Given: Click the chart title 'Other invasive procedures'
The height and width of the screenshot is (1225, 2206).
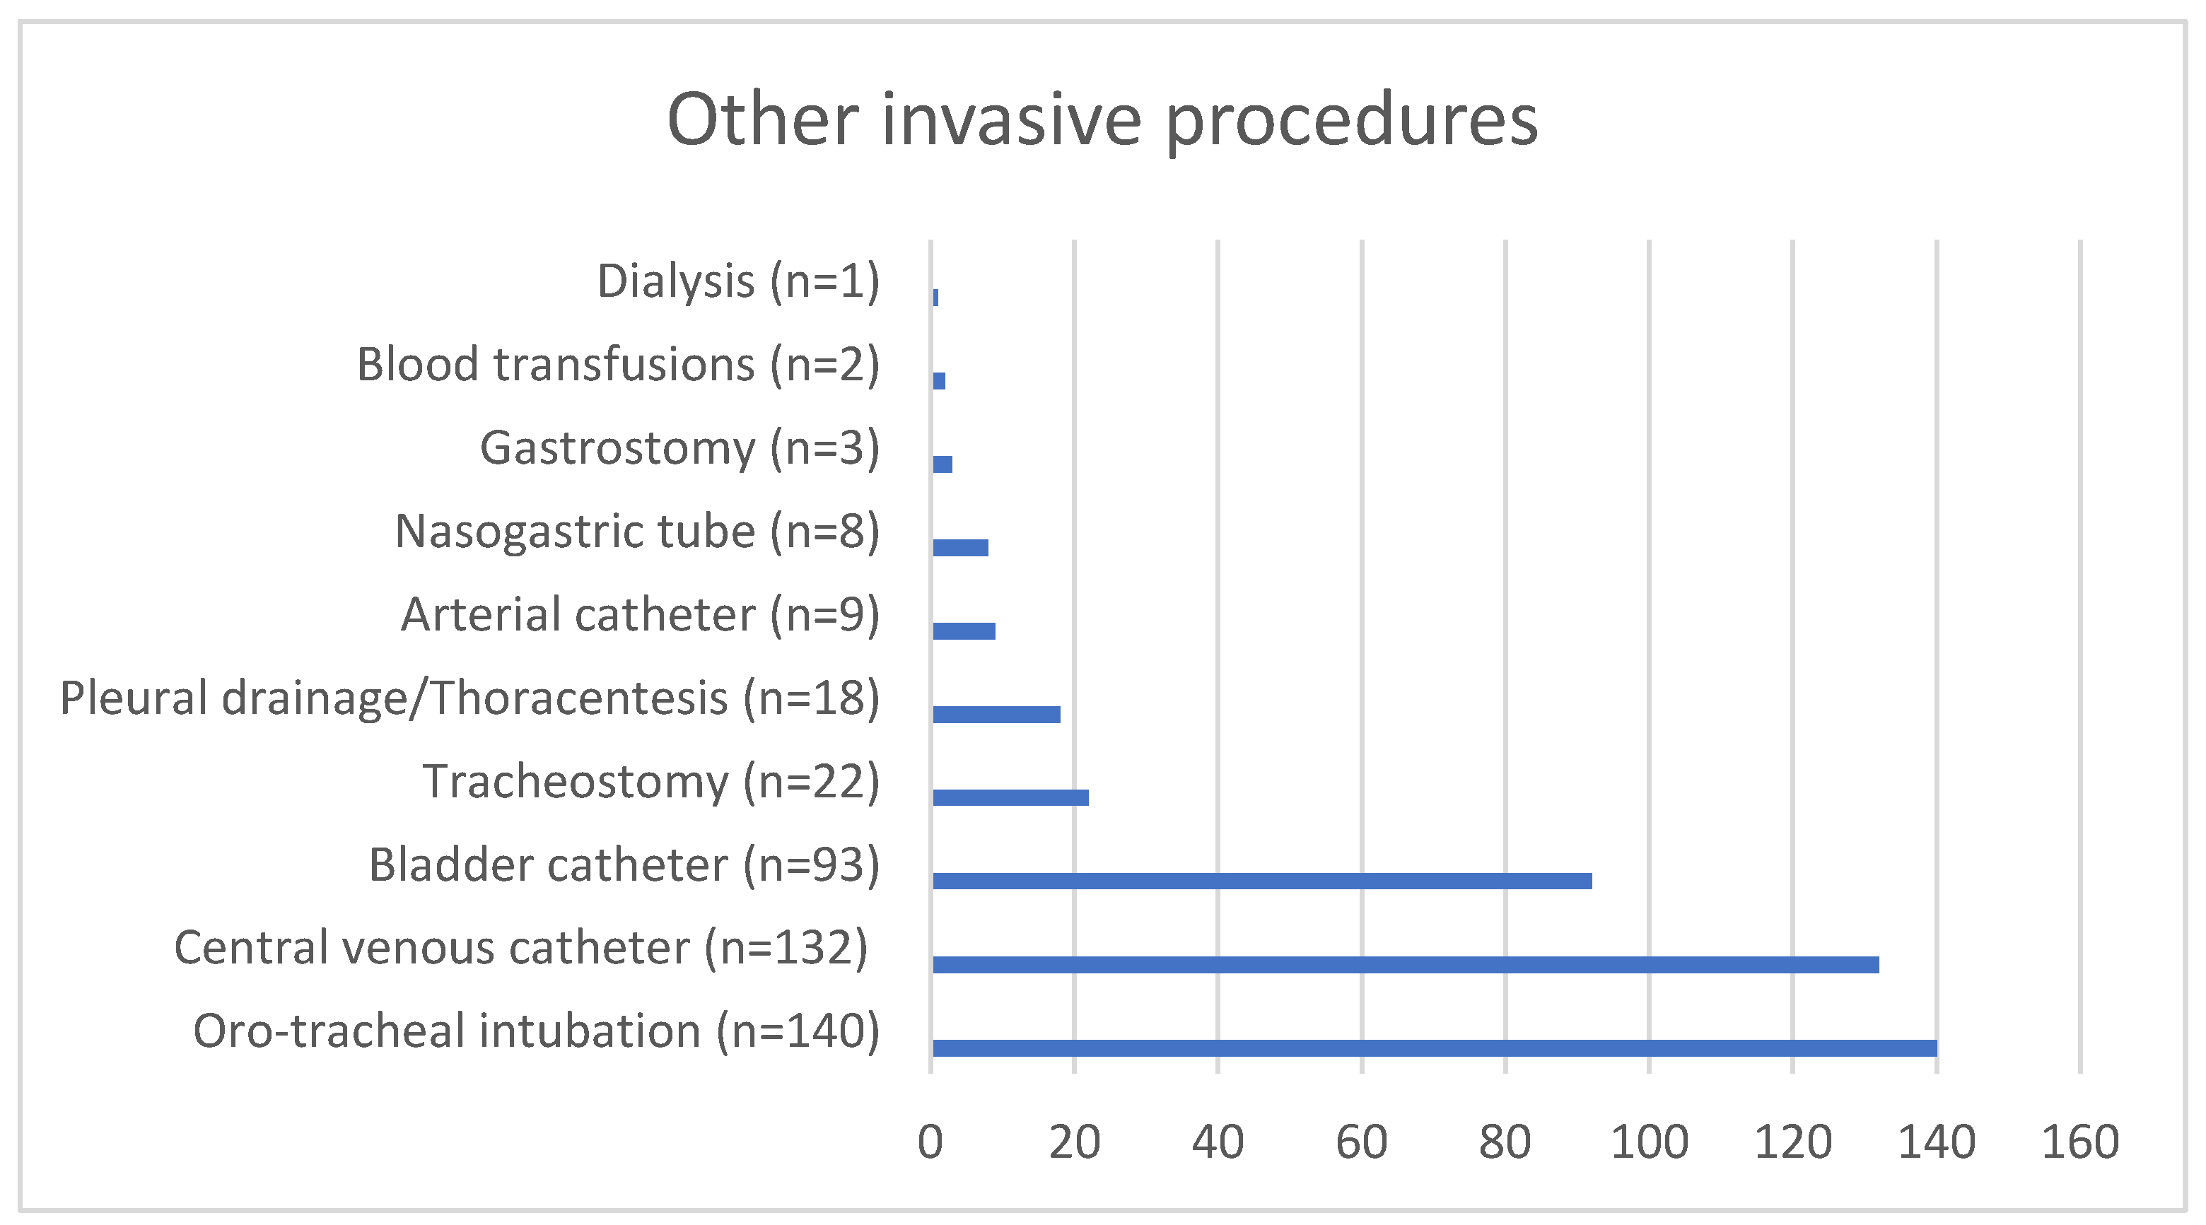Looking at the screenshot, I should [1102, 120].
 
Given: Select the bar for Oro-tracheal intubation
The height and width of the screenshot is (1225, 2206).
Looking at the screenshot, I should [1435, 1048].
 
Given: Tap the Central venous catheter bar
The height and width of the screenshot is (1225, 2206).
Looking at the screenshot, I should [1406, 965].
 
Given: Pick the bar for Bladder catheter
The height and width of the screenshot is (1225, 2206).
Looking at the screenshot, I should [1262, 881].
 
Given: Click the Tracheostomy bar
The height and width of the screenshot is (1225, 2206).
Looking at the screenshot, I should [1010, 798].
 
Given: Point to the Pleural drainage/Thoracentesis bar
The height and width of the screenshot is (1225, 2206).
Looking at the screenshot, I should [997, 714].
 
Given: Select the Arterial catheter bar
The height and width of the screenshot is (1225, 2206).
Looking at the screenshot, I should [964, 631].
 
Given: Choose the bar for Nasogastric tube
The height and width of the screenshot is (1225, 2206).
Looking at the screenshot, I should [961, 548].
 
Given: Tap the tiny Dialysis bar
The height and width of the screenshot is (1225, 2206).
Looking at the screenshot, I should [935, 297].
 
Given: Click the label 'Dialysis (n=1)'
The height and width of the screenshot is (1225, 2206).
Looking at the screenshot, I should [738, 281].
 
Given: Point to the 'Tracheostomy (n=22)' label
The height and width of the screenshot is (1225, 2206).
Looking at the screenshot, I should [650, 782].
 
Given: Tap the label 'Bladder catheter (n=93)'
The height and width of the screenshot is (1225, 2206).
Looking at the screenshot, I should [624, 864].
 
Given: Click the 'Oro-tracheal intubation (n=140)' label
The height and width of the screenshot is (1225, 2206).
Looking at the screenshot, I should [536, 1031].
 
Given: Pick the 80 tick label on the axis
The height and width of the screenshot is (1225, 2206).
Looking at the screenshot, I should [1505, 1142].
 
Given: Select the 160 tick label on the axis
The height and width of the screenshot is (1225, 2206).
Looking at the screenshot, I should [2080, 1142].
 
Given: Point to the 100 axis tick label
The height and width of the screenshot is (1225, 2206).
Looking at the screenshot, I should [1649, 1142].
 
